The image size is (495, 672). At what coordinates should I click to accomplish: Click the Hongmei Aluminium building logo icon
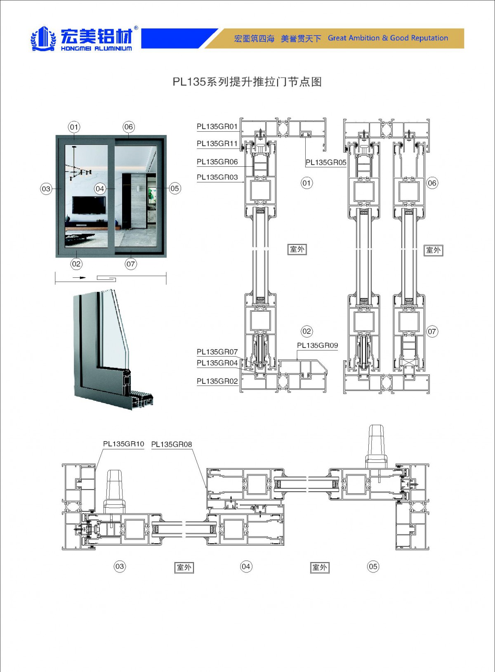[x=43, y=39]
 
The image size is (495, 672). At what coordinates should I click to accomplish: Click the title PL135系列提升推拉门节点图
[x=247, y=82]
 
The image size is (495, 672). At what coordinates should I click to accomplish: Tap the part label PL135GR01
[x=217, y=127]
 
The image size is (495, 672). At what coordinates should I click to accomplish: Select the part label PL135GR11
[x=217, y=144]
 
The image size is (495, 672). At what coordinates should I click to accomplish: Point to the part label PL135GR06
[x=217, y=162]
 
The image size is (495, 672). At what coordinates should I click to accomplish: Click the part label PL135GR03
[x=217, y=177]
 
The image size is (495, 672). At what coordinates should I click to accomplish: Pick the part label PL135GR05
[x=326, y=162]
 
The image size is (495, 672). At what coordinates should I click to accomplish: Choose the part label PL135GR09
[x=317, y=345]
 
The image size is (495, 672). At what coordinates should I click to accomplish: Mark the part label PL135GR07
[x=217, y=352]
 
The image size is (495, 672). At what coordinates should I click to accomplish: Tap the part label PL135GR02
[x=217, y=381]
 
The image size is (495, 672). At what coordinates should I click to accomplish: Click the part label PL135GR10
[x=123, y=444]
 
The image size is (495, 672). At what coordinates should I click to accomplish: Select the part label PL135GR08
[x=172, y=445]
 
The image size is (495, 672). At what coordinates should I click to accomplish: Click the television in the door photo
[x=89, y=205]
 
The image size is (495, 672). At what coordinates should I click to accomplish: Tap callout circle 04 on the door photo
[x=100, y=189]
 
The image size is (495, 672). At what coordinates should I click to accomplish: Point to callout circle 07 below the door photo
[x=131, y=264]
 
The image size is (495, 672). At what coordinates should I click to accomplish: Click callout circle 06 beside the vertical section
[x=432, y=183]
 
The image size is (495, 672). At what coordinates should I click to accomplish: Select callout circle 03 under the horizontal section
[x=120, y=566]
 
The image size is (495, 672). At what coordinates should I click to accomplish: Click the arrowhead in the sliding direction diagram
[x=82, y=278]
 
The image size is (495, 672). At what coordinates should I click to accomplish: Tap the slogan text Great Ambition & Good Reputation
[x=388, y=38]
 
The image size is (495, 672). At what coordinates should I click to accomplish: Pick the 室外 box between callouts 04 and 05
[x=320, y=568]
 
